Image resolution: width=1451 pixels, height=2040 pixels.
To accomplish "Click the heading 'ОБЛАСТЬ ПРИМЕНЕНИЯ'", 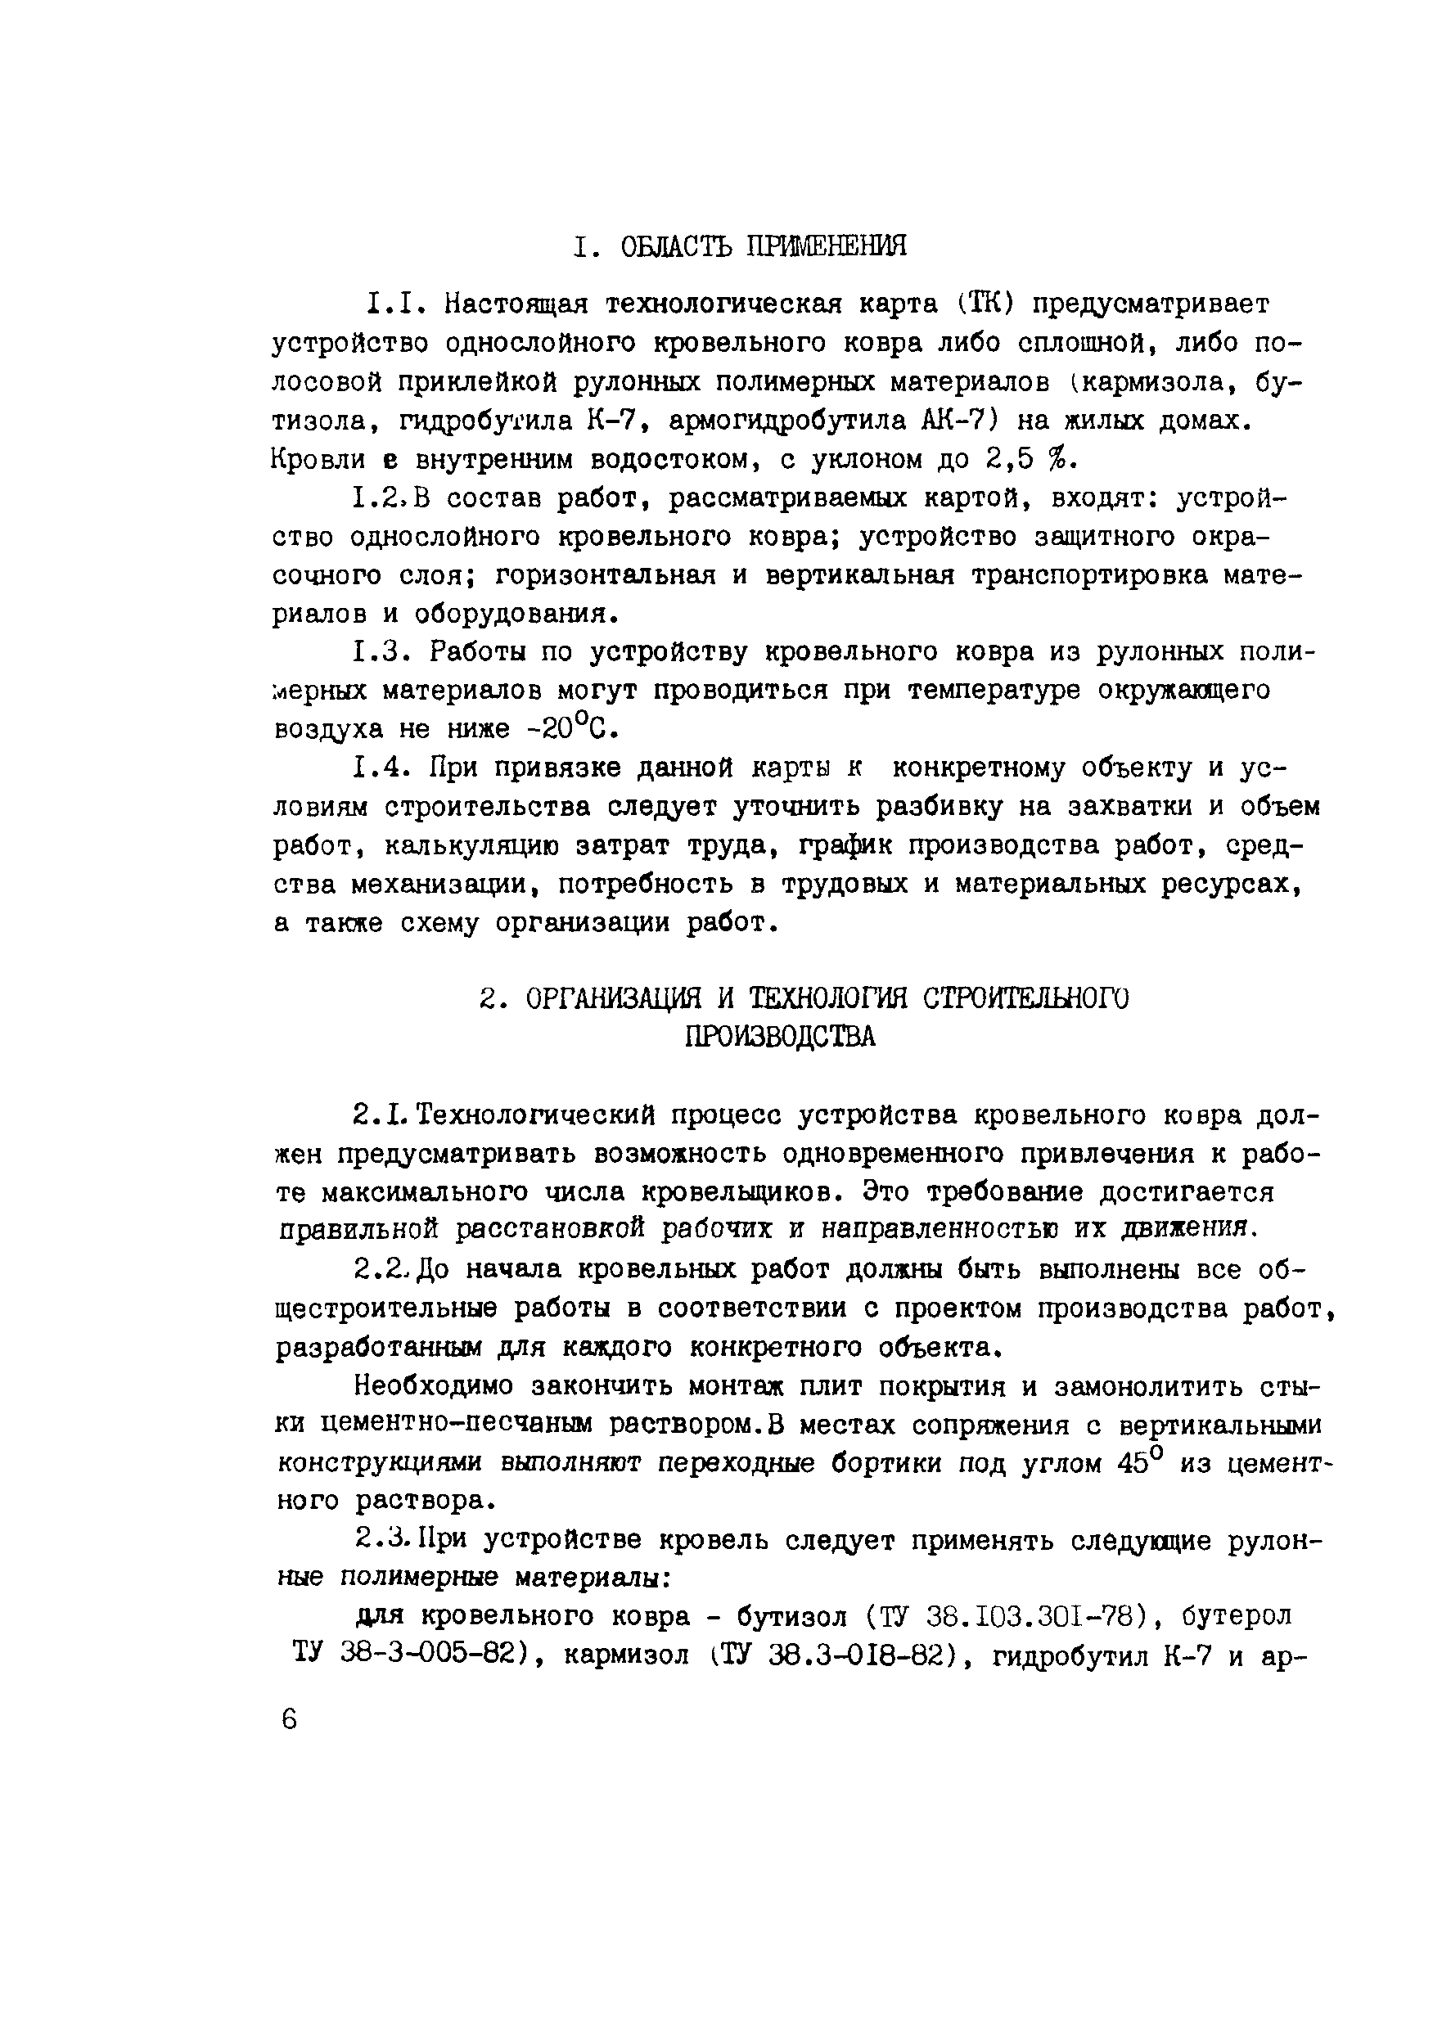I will (763, 245).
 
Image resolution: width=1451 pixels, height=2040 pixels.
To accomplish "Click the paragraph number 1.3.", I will (381, 652).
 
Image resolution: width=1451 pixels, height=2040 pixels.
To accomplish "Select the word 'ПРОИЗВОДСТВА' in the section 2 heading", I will (780, 1036).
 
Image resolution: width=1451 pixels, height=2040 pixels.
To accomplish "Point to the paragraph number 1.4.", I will (381, 768).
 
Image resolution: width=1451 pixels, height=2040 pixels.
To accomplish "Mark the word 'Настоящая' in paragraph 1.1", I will (517, 304).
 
